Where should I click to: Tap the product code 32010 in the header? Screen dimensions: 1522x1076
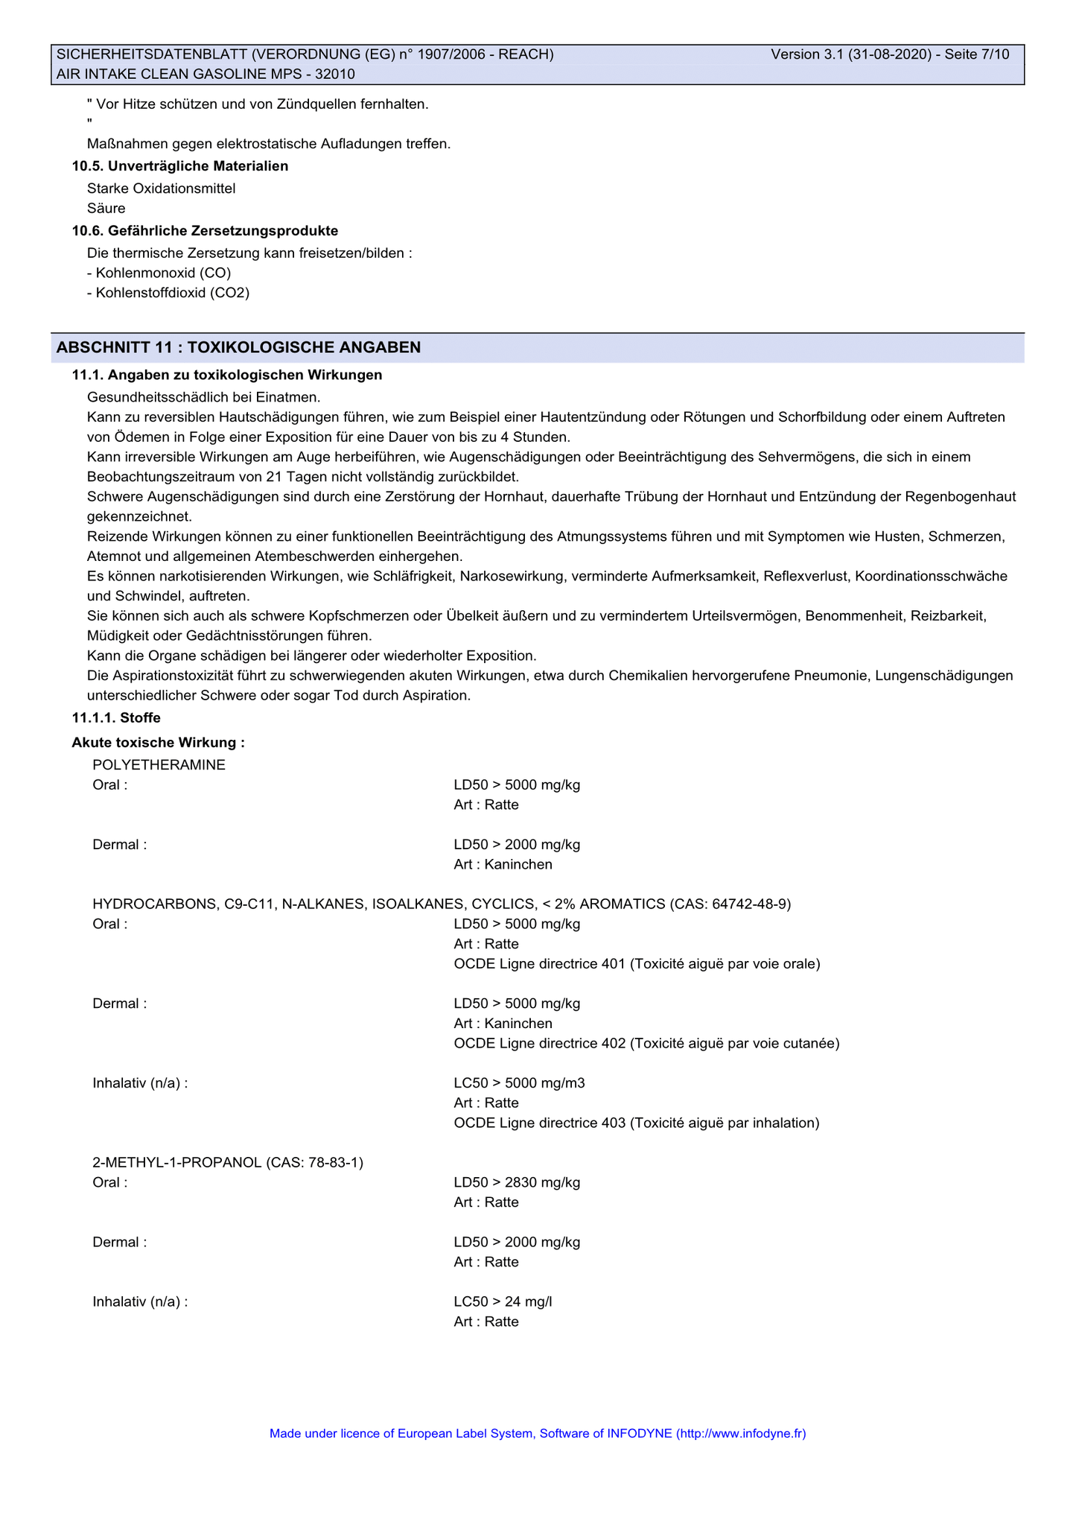pyautogui.click(x=335, y=74)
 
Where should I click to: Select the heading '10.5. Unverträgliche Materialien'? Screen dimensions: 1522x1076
pyautogui.click(x=179, y=166)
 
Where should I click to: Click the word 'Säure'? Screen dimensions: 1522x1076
pyautogui.click(x=106, y=209)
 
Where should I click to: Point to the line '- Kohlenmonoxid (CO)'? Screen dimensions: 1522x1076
pyautogui.click(x=159, y=273)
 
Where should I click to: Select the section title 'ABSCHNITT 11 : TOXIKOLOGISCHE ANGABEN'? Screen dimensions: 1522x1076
pyautogui.click(x=238, y=347)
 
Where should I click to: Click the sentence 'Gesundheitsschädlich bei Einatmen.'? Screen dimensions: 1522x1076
pyautogui.click(x=203, y=397)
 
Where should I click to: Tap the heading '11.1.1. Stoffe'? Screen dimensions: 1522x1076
pyautogui.click(x=116, y=718)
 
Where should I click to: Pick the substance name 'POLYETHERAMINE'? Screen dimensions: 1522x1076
pyautogui.click(x=159, y=765)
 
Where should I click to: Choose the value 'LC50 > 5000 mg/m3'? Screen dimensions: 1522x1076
pyautogui.click(x=519, y=1083)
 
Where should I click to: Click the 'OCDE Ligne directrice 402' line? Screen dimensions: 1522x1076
pyautogui.click(x=646, y=1044)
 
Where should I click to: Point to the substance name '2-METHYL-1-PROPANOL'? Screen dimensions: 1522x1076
pyautogui.click(x=177, y=1163)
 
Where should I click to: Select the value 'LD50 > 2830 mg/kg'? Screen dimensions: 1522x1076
pyautogui.click(x=517, y=1182)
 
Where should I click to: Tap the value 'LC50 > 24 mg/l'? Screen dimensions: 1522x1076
pyautogui.click(x=503, y=1301)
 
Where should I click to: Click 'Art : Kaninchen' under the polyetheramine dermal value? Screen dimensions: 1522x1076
pyautogui.click(x=503, y=865)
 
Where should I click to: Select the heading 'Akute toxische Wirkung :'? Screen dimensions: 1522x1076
pyautogui.click(x=158, y=743)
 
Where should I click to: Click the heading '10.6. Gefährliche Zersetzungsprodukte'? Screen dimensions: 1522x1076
pyautogui.click(x=205, y=231)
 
